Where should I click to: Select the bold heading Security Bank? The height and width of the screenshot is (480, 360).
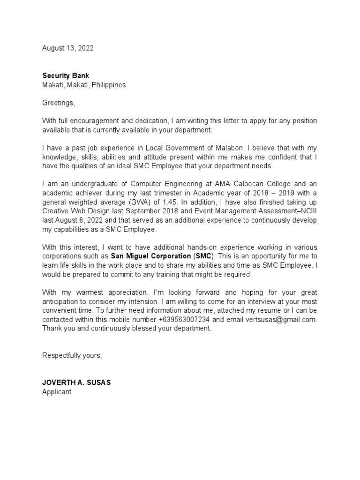click(66, 75)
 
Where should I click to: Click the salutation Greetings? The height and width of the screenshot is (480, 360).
click(58, 103)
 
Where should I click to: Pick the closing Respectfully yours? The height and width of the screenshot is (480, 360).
click(72, 355)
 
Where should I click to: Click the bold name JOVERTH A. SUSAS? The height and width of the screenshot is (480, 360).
click(77, 382)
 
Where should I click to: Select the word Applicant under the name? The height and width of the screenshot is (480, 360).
click(57, 392)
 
